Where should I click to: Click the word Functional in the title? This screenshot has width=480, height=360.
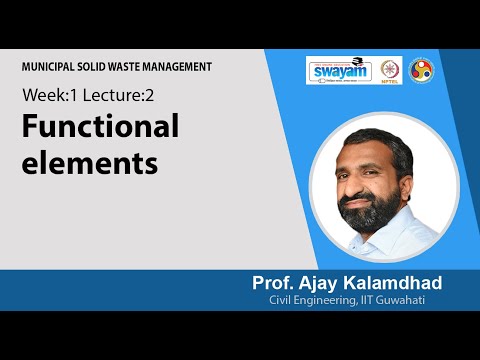coord(101,127)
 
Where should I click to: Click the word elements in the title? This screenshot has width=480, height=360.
coord(91,162)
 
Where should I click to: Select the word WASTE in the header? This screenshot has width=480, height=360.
coord(127,67)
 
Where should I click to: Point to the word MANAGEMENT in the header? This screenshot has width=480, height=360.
coord(181,67)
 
